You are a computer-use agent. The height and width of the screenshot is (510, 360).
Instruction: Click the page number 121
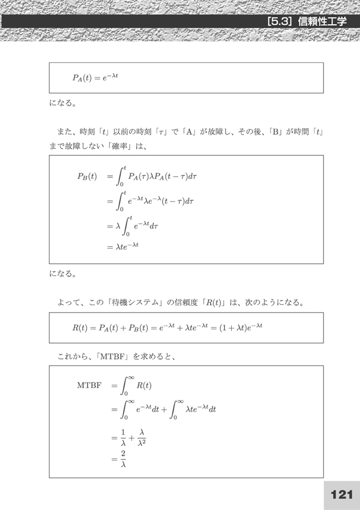pyautogui.click(x=341, y=494)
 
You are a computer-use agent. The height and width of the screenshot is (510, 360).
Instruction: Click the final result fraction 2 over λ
pyautogui.click(x=123, y=460)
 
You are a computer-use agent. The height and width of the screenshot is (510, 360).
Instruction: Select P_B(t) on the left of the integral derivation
pyautogui.click(x=87, y=176)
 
